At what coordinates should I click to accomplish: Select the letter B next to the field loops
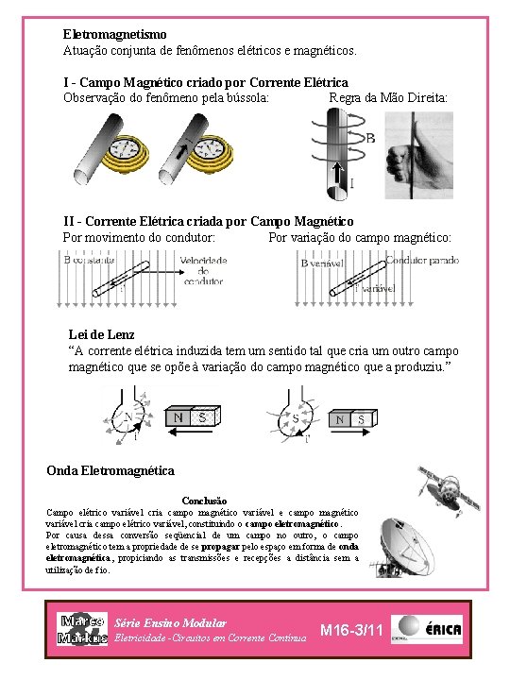coord(369,138)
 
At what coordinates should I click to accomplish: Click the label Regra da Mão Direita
coord(388,97)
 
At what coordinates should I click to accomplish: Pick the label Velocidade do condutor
coord(203,270)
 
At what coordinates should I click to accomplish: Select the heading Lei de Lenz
coord(102,334)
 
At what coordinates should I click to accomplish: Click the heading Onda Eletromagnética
coord(110,470)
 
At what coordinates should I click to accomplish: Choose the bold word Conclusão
coord(204,500)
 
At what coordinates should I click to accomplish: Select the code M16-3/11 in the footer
coord(351,630)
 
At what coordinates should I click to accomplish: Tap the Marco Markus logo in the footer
coord(82,630)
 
